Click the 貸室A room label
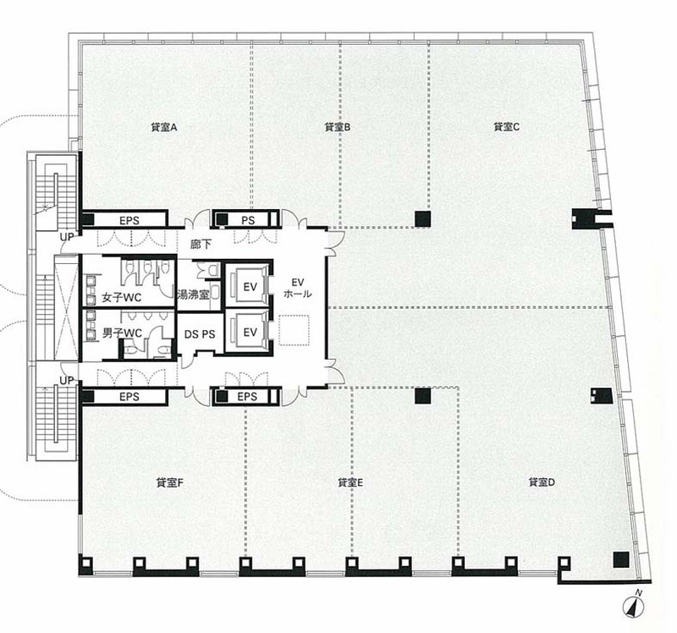pyautogui.click(x=164, y=128)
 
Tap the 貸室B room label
pyautogui.click(x=337, y=128)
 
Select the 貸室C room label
pyautogui.click(x=506, y=127)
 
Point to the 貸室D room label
pyautogui.click(x=542, y=482)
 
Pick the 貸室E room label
pyautogui.click(x=350, y=482)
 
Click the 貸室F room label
pyautogui.click(x=170, y=483)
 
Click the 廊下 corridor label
pyautogui.click(x=201, y=244)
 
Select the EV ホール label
pyautogui.click(x=298, y=289)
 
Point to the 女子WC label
pyautogui.click(x=121, y=298)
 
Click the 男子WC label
pyautogui.click(x=122, y=333)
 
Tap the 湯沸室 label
pyautogui.click(x=193, y=294)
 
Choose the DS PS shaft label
pyautogui.click(x=200, y=334)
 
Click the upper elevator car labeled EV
pyautogui.click(x=250, y=286)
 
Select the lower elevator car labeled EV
pyautogui.click(x=250, y=332)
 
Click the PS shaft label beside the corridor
pyautogui.click(x=248, y=221)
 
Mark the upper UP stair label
pyautogui.click(x=67, y=237)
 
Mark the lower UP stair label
pyautogui.click(x=67, y=381)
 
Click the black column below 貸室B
pyautogui.click(x=422, y=218)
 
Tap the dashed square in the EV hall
pyautogui.click(x=294, y=330)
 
